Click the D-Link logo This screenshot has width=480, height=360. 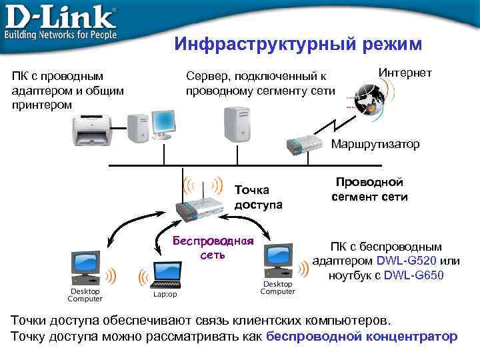(61, 15)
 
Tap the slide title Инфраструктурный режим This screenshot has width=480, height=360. (298, 44)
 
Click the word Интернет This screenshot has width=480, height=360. (405, 73)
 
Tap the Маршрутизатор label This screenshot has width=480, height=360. (375, 144)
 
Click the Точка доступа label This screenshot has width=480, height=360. (258, 197)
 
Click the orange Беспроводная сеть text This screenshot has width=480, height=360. (213, 247)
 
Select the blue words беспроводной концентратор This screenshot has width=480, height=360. (361, 336)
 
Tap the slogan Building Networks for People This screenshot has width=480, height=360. (61, 34)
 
